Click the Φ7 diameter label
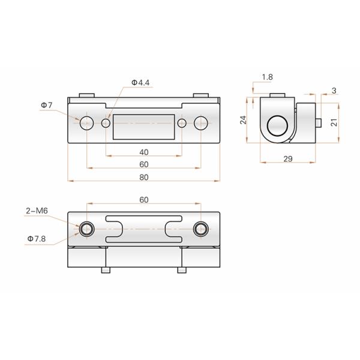[47, 106]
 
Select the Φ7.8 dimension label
[37, 238]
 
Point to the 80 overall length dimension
[144, 177]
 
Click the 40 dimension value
[144, 152]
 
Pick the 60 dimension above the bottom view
[144, 199]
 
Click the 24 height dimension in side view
[243, 120]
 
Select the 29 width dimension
[287, 158]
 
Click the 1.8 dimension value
[268, 77]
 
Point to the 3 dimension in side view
[334, 91]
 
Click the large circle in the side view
[277, 125]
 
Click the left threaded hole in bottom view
[87, 229]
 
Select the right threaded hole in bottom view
[201, 229]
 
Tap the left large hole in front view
[87, 124]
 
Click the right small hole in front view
[182, 124]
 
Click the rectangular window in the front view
[144, 126]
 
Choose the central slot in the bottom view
[144, 228]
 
